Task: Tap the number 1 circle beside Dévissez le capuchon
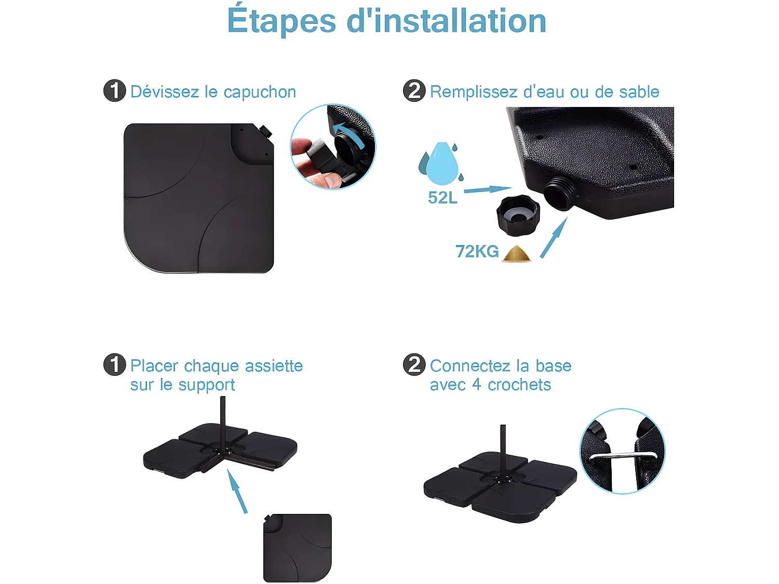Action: pos(115,91)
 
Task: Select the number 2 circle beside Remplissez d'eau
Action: pos(414,91)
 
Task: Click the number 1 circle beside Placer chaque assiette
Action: pos(115,364)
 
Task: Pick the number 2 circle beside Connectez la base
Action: pos(414,364)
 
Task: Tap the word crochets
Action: pos(519,385)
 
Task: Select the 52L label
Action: pos(442,198)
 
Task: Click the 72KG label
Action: pos(477,251)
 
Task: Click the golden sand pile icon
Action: pos(517,254)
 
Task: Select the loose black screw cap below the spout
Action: pos(518,215)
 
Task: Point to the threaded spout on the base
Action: pos(558,192)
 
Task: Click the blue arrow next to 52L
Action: pos(487,190)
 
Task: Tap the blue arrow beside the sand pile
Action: pos(554,238)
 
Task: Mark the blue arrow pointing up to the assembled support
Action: pos(237,491)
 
